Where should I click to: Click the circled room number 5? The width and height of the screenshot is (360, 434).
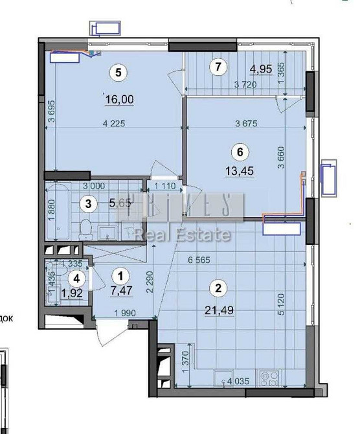pos(118,73)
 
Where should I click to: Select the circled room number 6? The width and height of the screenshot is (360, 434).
pos(240,152)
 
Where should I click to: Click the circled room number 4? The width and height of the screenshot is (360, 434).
pos(76,279)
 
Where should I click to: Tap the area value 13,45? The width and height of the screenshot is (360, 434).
pos(240,174)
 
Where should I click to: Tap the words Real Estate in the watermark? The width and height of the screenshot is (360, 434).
pos(183,234)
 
